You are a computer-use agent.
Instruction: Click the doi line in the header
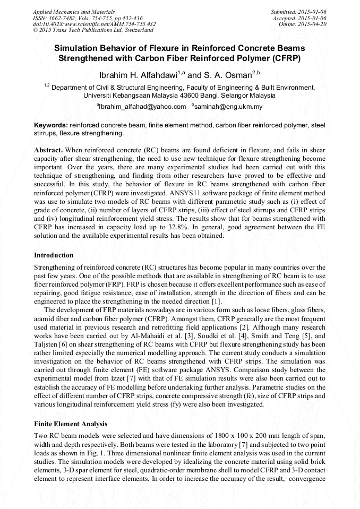tap(95, 24)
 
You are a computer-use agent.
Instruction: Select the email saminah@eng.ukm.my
tap(228, 107)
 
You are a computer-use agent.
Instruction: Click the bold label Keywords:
tap(51, 125)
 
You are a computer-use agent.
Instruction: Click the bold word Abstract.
tap(48, 150)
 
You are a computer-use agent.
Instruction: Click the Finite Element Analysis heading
tap(71, 424)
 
